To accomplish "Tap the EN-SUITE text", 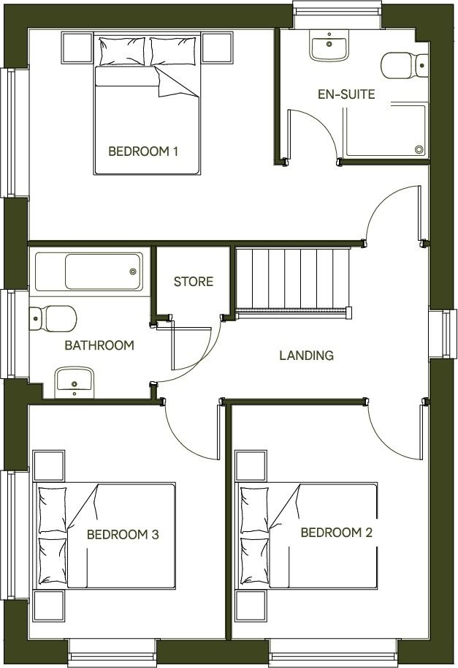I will (346, 94).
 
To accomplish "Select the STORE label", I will (193, 281).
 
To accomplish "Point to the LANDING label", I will (306, 356).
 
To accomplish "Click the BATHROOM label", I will (99, 345).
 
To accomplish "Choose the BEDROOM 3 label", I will (123, 535).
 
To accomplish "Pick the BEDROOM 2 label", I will (336, 533).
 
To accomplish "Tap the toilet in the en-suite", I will (402, 67).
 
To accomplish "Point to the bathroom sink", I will (74, 381).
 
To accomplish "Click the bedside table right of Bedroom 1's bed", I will (218, 48).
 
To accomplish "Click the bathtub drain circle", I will (132, 271).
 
